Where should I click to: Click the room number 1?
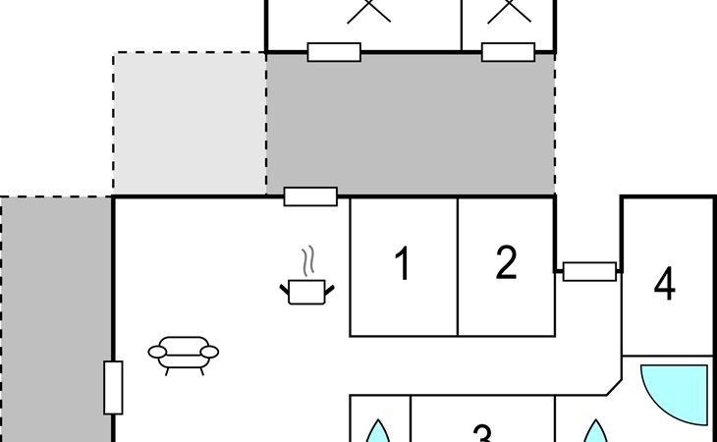402,263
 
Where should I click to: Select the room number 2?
506,262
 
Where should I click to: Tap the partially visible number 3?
482,433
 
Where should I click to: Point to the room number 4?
665,284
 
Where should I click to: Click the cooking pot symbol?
306,292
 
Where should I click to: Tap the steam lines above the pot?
308,261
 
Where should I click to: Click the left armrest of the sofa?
157,352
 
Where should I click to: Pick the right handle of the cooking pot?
330,290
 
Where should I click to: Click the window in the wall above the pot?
310,196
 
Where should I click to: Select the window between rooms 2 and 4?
589,271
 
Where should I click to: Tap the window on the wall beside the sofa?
113,388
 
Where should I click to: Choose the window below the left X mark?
334,52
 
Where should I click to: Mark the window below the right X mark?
508,52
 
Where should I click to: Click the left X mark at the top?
368,11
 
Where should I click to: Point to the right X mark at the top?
509,11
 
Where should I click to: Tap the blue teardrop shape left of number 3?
378,432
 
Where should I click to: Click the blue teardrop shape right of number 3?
596,432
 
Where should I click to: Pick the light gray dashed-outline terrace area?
190,124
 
